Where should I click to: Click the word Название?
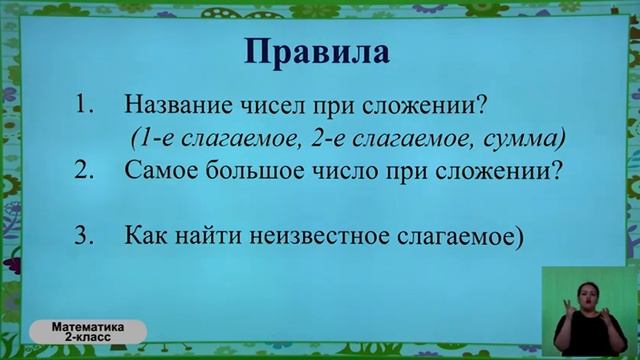176,105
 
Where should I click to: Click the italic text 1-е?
163,136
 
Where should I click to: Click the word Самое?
162,171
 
